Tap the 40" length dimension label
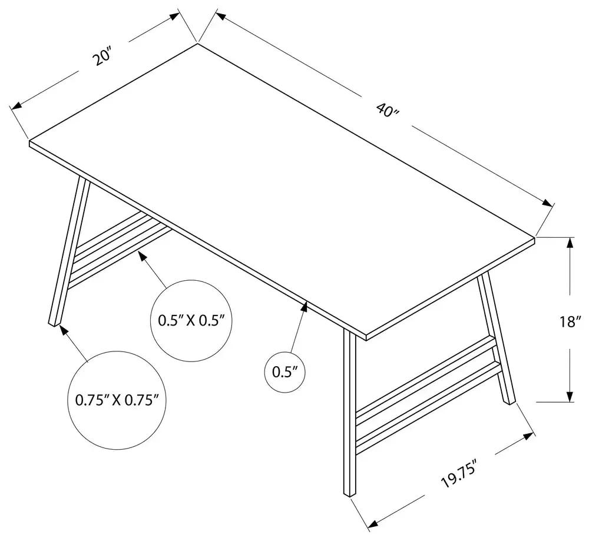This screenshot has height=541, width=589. tap(388, 110)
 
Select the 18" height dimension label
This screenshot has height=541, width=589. tap(570, 322)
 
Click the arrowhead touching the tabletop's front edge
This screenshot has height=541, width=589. tap(304, 307)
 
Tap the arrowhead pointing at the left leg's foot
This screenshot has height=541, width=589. tap(64, 330)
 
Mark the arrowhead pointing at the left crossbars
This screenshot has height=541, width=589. tap(143, 257)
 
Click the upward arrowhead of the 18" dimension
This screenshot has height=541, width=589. tap(570, 243)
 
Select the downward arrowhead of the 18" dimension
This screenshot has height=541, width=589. tap(570, 396)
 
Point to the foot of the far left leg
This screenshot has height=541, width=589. tap(54, 323)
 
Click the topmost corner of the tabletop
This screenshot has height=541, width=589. tap(197, 44)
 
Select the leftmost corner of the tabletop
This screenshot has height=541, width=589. tap(29, 141)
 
